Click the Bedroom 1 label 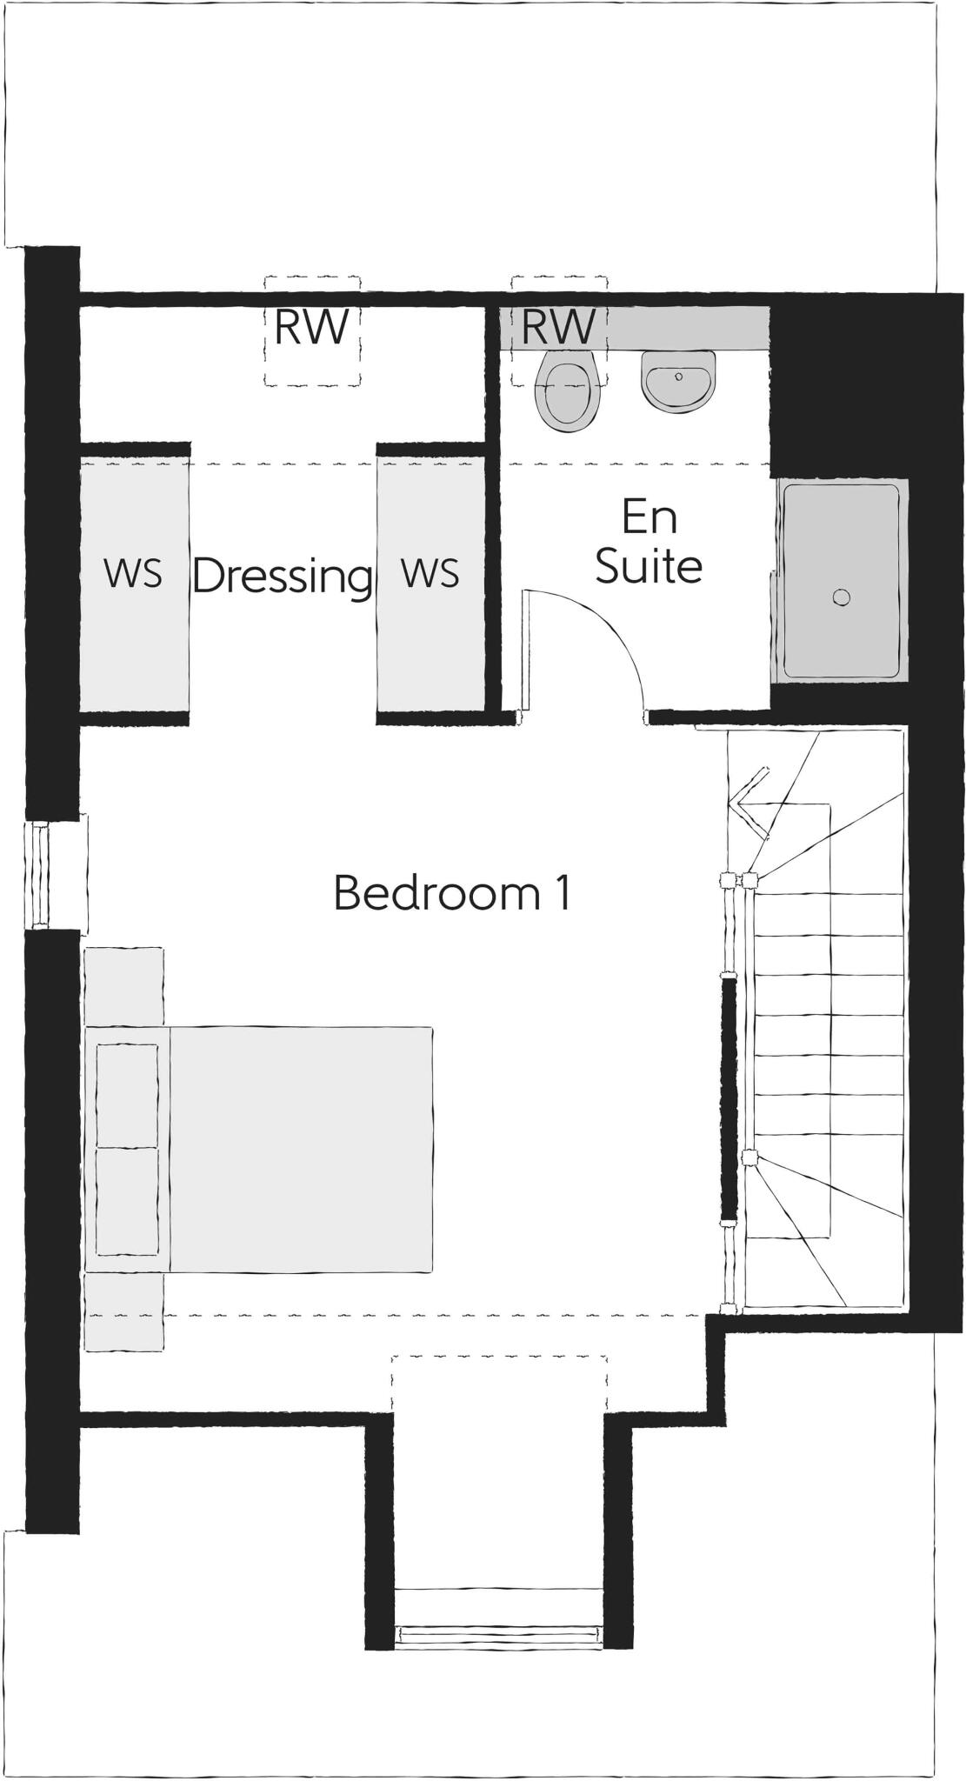tap(452, 893)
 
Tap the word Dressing tap(283, 576)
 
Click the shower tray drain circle tap(840, 597)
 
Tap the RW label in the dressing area tap(311, 327)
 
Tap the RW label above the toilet tap(558, 327)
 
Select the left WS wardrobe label tap(133, 574)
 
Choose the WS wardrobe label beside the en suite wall tap(430, 574)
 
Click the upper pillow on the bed tap(127, 1096)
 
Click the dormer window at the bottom tap(498, 1634)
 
